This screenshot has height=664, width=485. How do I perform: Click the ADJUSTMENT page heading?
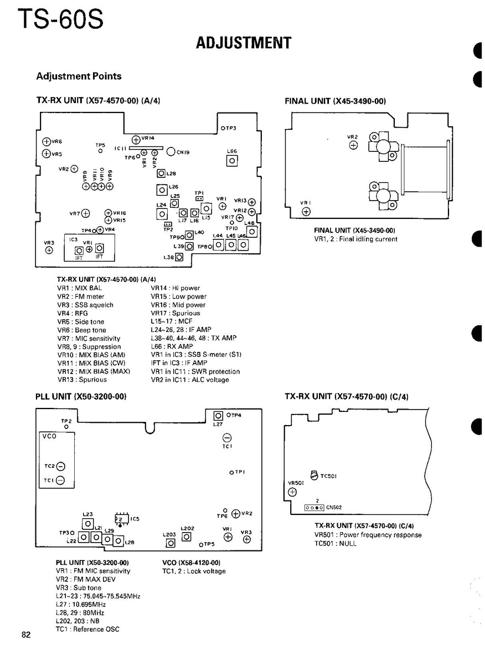244,43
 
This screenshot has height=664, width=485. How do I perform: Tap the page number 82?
26,635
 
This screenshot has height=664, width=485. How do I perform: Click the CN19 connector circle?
172,151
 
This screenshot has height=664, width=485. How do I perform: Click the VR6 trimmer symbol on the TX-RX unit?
47,142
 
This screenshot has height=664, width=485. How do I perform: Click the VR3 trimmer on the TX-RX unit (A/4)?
49,250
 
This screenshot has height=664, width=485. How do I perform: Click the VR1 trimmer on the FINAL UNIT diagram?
306,211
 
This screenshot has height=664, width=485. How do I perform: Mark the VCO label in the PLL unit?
49,436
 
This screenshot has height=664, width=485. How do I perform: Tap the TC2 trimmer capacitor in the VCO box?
60,466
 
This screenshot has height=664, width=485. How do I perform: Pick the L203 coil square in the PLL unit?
171,543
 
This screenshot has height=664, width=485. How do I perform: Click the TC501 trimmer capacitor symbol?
314,475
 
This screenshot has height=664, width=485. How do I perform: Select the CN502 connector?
314,507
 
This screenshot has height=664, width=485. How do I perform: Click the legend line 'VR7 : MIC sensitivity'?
89,339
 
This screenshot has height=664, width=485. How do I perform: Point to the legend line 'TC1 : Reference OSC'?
87,629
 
